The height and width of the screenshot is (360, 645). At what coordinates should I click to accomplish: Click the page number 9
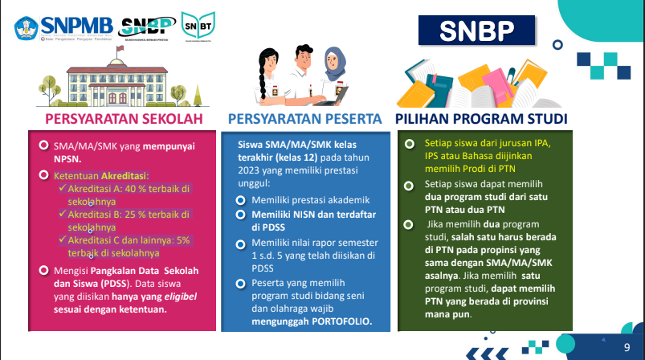tap(627, 346)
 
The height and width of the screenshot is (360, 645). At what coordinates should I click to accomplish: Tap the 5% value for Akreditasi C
tap(183, 240)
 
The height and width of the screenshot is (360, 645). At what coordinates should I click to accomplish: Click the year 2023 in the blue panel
tap(253, 170)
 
